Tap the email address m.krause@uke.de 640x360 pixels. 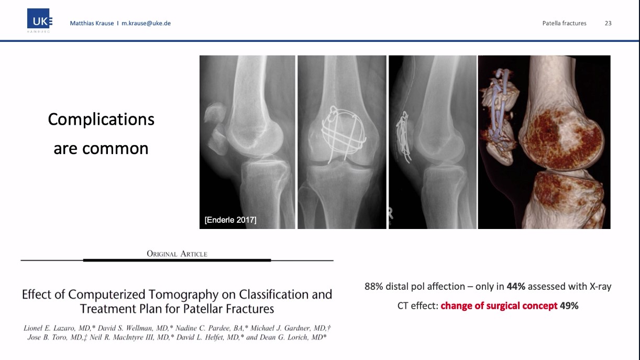(x=146, y=23)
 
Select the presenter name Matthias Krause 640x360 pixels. (x=92, y=23)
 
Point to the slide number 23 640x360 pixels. (x=608, y=23)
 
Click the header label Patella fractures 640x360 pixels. (x=564, y=23)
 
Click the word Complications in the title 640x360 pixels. (x=101, y=119)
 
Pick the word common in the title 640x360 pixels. (x=115, y=149)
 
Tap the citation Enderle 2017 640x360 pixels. (x=230, y=220)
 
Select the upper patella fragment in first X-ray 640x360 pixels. (x=214, y=113)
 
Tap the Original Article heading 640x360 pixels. (x=177, y=254)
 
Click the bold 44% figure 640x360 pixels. (x=516, y=287)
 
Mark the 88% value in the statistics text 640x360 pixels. (x=374, y=287)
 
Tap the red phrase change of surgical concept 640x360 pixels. (x=499, y=306)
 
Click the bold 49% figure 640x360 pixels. (x=569, y=306)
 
